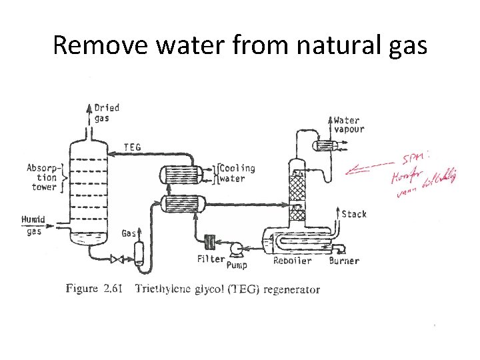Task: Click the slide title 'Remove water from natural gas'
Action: (239, 45)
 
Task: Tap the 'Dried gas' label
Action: (107, 113)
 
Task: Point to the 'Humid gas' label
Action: (33, 225)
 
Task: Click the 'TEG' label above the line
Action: (132, 147)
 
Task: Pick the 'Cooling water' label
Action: (237, 173)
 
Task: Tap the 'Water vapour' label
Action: (349, 125)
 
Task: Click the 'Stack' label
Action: (353, 214)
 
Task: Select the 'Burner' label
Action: (344, 261)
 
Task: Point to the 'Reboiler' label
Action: (292, 261)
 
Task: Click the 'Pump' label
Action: (236, 265)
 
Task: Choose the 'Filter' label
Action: (210, 259)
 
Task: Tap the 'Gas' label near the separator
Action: (129, 233)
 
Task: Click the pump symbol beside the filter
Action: (235, 249)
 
